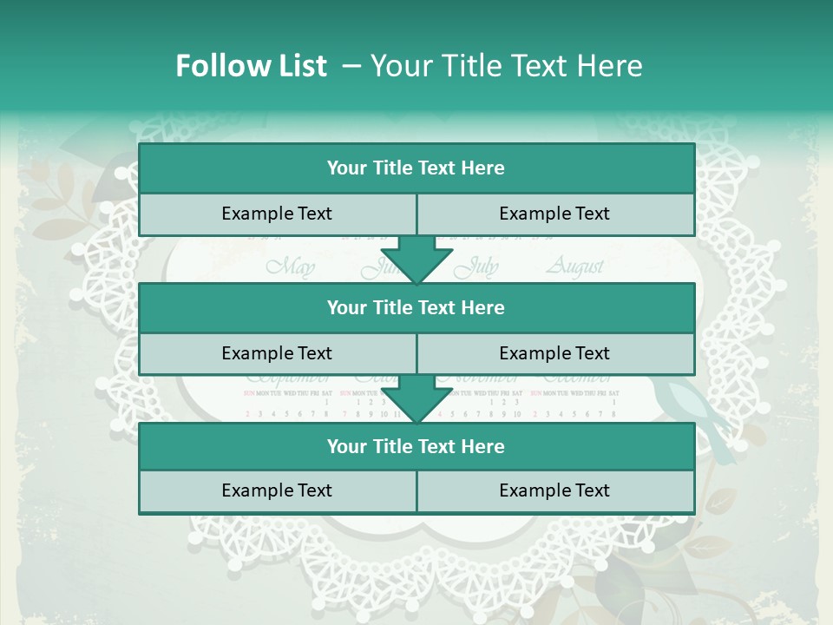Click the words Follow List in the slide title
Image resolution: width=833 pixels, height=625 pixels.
pyautogui.click(x=251, y=66)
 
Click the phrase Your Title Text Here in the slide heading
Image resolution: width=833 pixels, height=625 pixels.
pyautogui.click(x=506, y=66)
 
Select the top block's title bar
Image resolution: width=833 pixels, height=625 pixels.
pyautogui.click(x=416, y=168)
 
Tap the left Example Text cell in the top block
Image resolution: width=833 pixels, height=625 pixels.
pyautogui.click(x=277, y=214)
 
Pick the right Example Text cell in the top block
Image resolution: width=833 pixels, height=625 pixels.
pyautogui.click(x=555, y=214)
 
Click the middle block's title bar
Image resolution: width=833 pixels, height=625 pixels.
pyautogui.click(x=416, y=307)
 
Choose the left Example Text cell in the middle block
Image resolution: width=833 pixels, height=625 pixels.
pyautogui.click(x=277, y=353)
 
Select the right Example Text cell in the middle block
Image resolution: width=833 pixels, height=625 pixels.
pyautogui.click(x=555, y=353)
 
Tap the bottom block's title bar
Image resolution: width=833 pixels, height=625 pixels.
pyautogui.click(x=416, y=447)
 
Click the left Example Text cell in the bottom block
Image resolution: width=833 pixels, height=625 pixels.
pyautogui.click(x=277, y=491)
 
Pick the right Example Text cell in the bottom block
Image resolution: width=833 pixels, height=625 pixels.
pyautogui.click(x=555, y=491)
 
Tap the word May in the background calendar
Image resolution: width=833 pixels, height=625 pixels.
pyautogui.click(x=290, y=266)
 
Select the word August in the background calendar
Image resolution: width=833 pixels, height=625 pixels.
pyautogui.click(x=574, y=266)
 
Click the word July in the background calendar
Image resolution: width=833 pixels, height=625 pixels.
pyautogui.click(x=478, y=266)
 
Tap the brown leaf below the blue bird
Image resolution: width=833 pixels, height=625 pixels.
pyautogui.click(x=719, y=502)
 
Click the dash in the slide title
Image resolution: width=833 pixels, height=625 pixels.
pyautogui.click(x=351, y=66)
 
